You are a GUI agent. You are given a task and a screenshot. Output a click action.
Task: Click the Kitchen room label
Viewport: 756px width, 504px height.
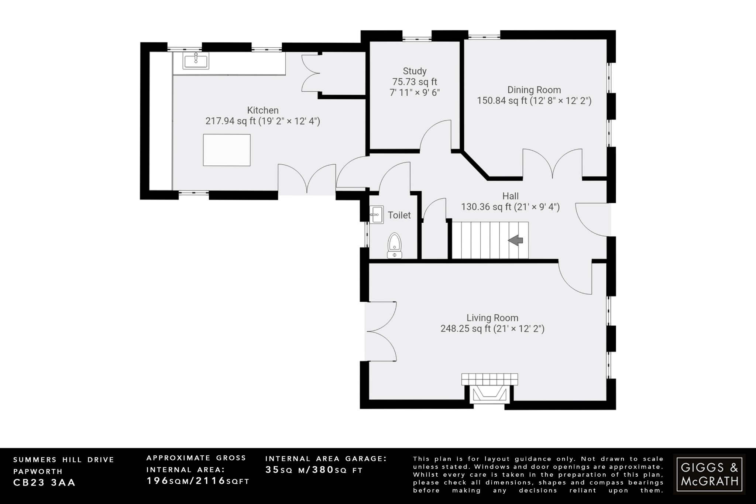262,110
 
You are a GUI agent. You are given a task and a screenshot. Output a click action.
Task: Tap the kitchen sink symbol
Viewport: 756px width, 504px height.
196,61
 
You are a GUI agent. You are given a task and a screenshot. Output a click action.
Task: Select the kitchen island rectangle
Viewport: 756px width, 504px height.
227,150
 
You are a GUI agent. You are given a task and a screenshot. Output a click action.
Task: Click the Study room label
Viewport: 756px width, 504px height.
415,71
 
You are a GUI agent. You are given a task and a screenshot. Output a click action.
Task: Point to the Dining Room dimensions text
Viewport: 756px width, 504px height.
534,101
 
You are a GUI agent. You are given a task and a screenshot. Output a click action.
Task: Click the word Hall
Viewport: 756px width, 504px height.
510,196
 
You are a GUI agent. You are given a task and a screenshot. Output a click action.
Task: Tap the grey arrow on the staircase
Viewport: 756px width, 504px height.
516,240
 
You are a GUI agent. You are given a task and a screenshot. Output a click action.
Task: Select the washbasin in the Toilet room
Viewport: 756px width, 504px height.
377,215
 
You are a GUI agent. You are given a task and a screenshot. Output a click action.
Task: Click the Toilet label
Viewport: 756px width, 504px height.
399,215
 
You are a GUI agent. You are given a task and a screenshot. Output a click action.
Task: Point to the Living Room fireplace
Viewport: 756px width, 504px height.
489,393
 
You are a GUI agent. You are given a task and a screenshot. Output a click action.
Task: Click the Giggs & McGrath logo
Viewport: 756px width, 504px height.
709,474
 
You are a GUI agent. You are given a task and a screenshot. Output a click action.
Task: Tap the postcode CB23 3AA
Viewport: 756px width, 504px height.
44,483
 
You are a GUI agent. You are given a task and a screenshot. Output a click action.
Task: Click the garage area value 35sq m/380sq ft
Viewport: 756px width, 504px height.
314,470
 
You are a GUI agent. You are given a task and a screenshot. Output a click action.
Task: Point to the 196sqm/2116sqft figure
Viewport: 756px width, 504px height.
198,481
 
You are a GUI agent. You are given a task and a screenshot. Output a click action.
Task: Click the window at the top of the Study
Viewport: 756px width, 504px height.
417,38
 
